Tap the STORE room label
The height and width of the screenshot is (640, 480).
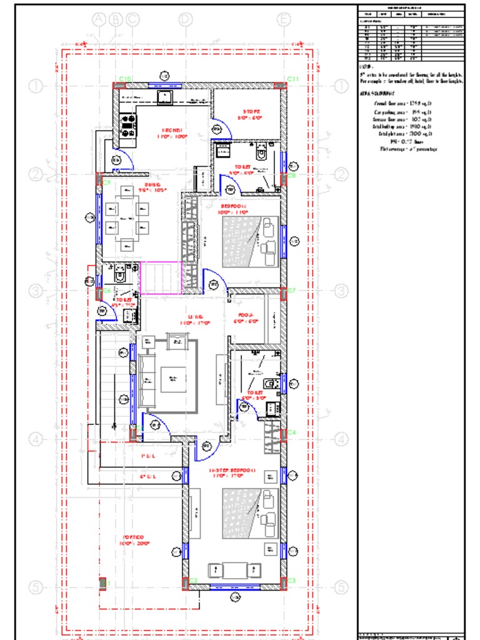click(252, 112)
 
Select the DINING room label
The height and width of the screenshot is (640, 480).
click(154, 185)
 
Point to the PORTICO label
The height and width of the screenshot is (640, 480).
click(134, 537)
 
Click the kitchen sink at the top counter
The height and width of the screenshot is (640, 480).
click(167, 96)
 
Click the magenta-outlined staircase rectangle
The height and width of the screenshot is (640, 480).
click(161, 277)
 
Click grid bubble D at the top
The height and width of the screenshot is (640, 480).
click(185, 19)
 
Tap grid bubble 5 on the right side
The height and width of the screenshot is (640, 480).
click(341, 587)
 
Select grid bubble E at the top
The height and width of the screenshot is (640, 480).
click(284, 19)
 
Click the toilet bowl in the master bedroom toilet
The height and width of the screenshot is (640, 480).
click(270, 382)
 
